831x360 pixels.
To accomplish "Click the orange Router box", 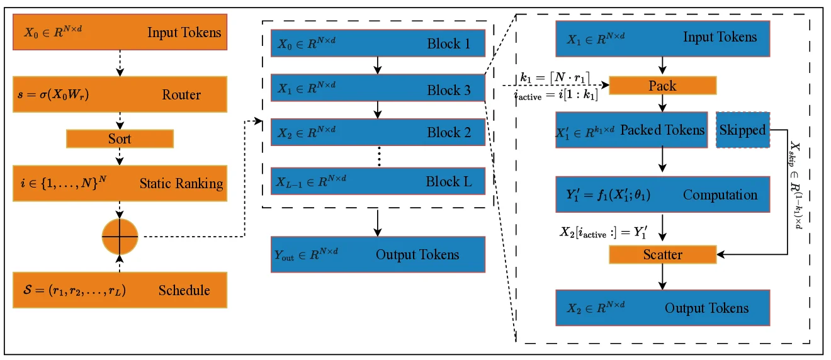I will coord(120,95).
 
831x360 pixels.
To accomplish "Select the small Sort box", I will coord(120,138).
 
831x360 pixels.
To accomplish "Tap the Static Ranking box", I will coord(120,184).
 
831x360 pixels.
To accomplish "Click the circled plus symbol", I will coord(120,237).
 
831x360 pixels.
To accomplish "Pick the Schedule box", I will coord(120,290).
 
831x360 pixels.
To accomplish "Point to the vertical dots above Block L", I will coord(379,157).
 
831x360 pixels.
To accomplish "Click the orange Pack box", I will coord(662,86).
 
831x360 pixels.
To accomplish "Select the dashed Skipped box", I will coord(743,130).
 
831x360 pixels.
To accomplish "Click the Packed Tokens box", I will coord(631,130).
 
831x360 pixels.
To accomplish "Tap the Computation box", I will coord(662,194).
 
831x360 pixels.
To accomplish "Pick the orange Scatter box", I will coord(662,254).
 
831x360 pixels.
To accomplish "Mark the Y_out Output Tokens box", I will coord(378,254).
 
